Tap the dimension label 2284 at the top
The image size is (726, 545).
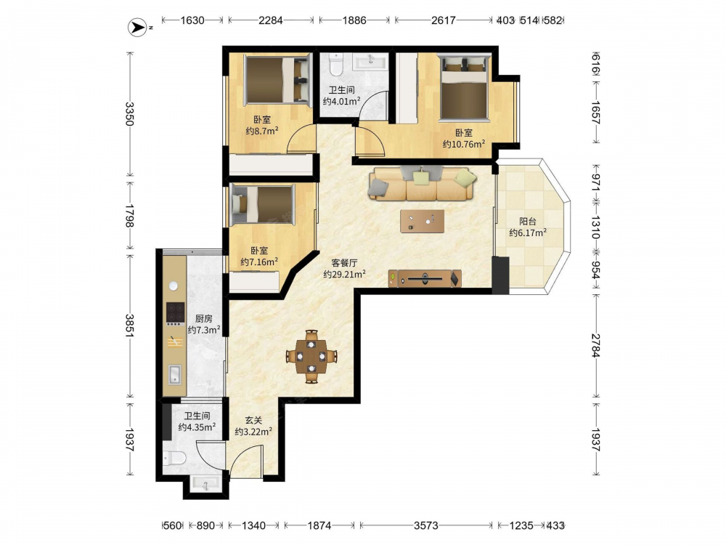[271, 20]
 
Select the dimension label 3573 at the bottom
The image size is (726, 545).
[426, 525]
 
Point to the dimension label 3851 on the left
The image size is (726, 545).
[130, 326]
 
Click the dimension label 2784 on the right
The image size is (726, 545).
[595, 346]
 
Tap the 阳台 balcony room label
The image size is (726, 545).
[528, 222]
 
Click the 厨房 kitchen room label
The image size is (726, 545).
[204, 319]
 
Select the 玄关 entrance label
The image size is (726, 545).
[253, 420]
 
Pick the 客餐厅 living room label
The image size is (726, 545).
[344, 263]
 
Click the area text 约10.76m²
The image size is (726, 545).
[463, 144]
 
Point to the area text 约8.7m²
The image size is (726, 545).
[262, 131]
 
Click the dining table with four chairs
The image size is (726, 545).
[311, 356]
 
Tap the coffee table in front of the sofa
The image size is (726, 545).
[423, 221]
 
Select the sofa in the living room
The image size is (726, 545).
[423, 184]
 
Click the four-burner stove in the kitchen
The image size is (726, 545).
[176, 313]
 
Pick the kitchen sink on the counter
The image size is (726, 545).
[174, 374]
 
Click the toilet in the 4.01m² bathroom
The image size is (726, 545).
[335, 65]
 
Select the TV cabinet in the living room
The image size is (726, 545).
[425, 279]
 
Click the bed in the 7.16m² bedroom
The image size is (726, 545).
[263, 204]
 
